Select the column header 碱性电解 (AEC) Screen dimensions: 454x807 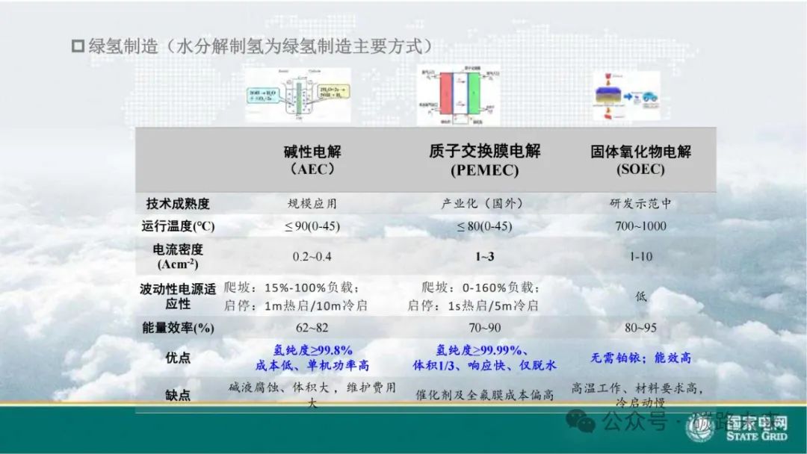click(312, 160)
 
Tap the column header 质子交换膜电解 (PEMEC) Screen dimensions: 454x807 click(484, 160)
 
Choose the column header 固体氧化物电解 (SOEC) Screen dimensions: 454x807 click(640, 160)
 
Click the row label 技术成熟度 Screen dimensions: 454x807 click(178, 203)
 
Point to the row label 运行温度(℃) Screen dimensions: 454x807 click(178, 226)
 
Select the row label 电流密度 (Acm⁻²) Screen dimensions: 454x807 click(178, 256)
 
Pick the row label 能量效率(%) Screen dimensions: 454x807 click(178, 328)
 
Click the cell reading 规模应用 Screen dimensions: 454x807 click(312, 203)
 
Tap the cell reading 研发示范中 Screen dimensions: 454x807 click(640, 203)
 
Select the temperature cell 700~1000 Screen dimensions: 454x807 click(640, 226)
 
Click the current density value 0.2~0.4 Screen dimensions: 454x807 click(312, 257)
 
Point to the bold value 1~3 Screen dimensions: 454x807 click(485, 257)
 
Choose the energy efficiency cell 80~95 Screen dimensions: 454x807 click(640, 328)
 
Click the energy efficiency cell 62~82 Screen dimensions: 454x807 click(312, 328)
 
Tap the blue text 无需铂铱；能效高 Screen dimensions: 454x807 click(640, 358)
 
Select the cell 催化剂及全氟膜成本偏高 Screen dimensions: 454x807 click(485, 395)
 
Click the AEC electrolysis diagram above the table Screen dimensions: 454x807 click(297, 95)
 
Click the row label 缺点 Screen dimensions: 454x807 click(178, 395)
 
